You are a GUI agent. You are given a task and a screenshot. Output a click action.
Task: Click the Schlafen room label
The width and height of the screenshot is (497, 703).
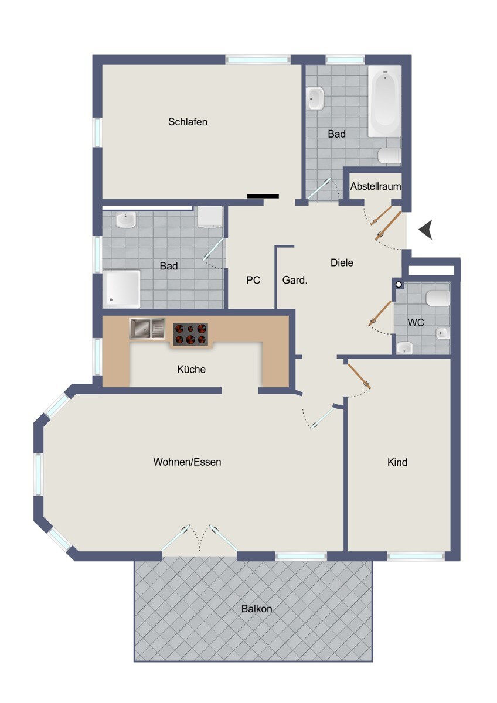click(x=188, y=122)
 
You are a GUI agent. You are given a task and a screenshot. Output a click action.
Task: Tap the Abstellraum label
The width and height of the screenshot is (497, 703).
click(x=376, y=186)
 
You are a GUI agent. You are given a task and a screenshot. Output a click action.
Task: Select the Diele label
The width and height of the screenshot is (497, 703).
click(x=342, y=262)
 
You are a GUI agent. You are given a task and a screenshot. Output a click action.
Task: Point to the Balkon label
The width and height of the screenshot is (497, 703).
click(x=257, y=609)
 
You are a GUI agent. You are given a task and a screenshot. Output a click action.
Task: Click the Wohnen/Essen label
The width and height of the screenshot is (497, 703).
click(x=187, y=462)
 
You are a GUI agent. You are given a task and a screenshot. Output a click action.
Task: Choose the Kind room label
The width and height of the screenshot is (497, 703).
click(x=397, y=462)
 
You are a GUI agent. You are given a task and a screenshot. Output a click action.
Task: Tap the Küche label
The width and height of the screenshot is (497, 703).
click(x=191, y=369)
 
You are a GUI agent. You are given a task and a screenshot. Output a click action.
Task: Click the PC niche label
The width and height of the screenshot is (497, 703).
click(x=253, y=280)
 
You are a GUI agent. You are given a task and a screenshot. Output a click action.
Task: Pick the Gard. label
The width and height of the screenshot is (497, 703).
click(x=295, y=280)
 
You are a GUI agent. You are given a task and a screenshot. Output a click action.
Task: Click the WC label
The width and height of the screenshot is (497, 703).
click(x=416, y=322)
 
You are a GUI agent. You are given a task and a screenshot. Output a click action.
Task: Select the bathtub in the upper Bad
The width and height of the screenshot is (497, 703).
click(x=384, y=101)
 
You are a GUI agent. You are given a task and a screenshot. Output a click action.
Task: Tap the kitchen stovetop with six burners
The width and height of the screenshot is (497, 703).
click(x=190, y=334)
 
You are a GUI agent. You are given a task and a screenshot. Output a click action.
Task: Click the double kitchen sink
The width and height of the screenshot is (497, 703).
click(x=147, y=329)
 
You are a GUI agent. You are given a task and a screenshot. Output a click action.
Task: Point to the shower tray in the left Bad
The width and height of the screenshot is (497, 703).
click(x=121, y=289)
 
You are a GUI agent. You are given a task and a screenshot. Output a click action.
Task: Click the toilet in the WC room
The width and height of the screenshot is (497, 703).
click(x=438, y=298)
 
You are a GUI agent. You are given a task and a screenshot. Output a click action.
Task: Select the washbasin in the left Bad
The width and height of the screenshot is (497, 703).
click(x=125, y=220)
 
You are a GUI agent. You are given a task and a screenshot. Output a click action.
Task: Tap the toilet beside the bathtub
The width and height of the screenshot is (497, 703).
click(x=389, y=156)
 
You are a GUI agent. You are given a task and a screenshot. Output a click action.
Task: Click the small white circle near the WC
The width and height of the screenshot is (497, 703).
click(x=399, y=285)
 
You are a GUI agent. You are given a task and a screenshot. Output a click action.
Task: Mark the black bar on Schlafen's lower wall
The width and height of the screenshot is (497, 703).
click(x=263, y=196)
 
